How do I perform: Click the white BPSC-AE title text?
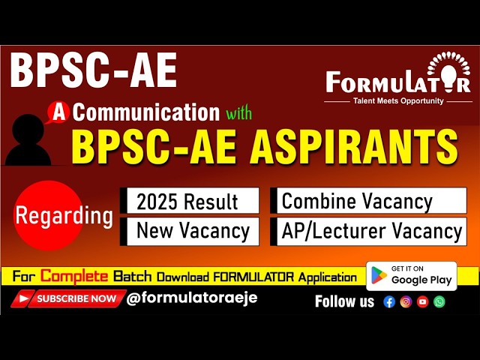(x=94, y=73)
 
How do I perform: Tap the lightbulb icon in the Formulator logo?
(x=448, y=72)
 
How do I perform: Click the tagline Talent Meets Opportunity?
(x=398, y=100)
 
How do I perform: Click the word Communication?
(x=146, y=113)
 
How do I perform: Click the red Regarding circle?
(x=64, y=217)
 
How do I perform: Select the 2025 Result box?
(x=188, y=201)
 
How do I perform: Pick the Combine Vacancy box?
(x=367, y=201)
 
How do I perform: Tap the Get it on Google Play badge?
(x=412, y=275)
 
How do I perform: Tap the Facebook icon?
(x=389, y=301)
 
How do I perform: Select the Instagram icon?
(x=406, y=301)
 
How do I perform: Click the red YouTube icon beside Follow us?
(x=423, y=301)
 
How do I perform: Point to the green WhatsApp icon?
(x=439, y=301)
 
